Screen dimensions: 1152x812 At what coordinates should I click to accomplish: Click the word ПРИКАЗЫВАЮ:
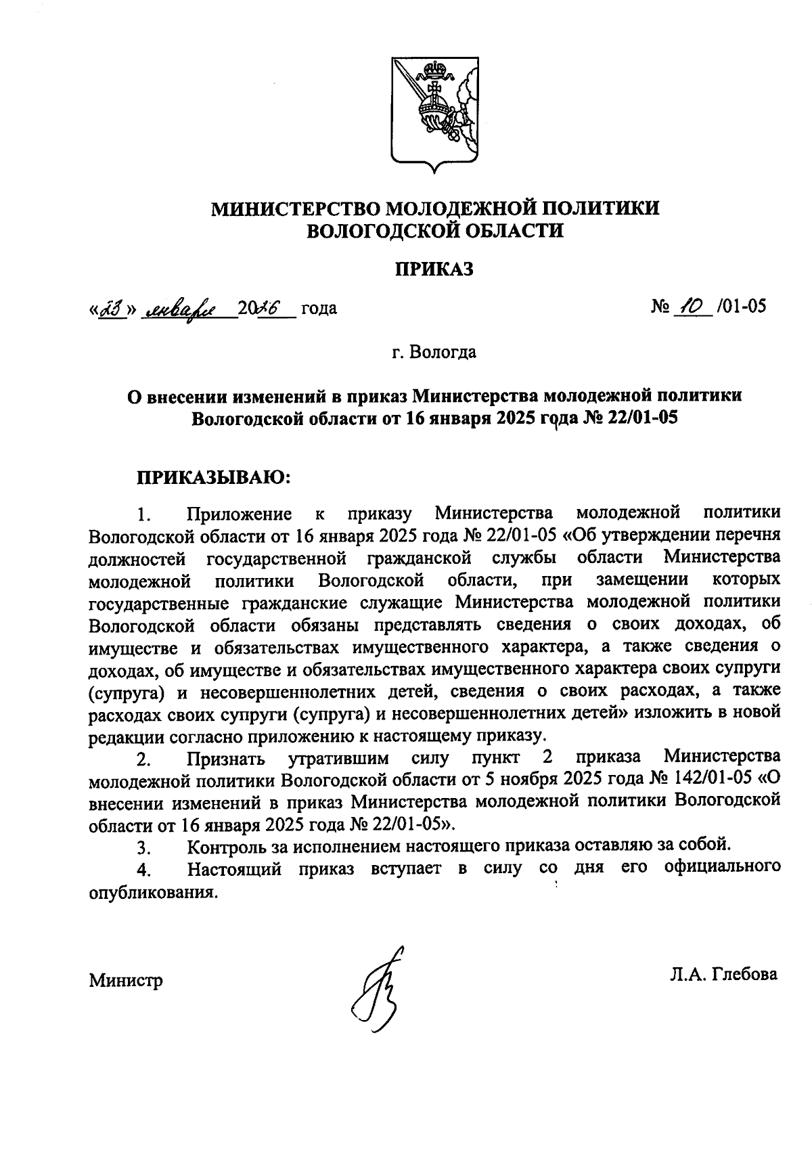(214, 479)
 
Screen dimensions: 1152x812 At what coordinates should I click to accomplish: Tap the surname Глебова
(742, 975)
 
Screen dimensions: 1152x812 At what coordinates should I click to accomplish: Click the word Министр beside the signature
(126, 980)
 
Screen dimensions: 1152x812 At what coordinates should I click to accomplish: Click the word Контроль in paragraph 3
(231, 846)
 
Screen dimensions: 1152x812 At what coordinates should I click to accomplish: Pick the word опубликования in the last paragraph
(154, 891)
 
